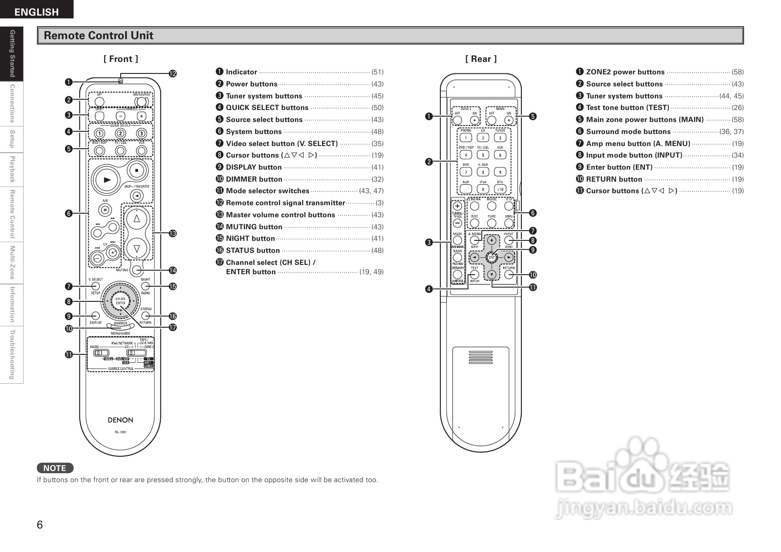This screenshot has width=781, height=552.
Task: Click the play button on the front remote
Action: point(107,180)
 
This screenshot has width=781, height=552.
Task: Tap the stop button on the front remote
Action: point(137,170)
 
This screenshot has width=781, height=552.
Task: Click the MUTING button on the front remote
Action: point(137,269)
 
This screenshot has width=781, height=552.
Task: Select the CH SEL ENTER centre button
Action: point(120,301)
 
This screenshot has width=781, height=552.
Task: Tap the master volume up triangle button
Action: point(137,218)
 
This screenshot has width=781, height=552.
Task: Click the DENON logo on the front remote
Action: point(120,420)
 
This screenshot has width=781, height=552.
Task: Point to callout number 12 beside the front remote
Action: point(172,73)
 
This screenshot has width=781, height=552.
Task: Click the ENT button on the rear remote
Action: point(492,257)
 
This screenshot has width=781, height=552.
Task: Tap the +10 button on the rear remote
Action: point(500,189)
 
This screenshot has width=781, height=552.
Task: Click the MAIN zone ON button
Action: point(509,120)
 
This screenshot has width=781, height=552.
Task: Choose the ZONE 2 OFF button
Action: point(457,120)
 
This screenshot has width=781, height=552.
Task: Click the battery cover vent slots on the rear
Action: point(481,357)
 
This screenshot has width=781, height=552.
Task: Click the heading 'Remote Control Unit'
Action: point(98,36)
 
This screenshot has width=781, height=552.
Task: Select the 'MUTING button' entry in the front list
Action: point(254,227)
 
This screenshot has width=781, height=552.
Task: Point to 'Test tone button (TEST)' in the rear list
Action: point(627,107)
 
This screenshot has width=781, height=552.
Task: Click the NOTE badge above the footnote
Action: point(55,468)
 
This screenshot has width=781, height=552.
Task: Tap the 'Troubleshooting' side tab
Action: point(12,354)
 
